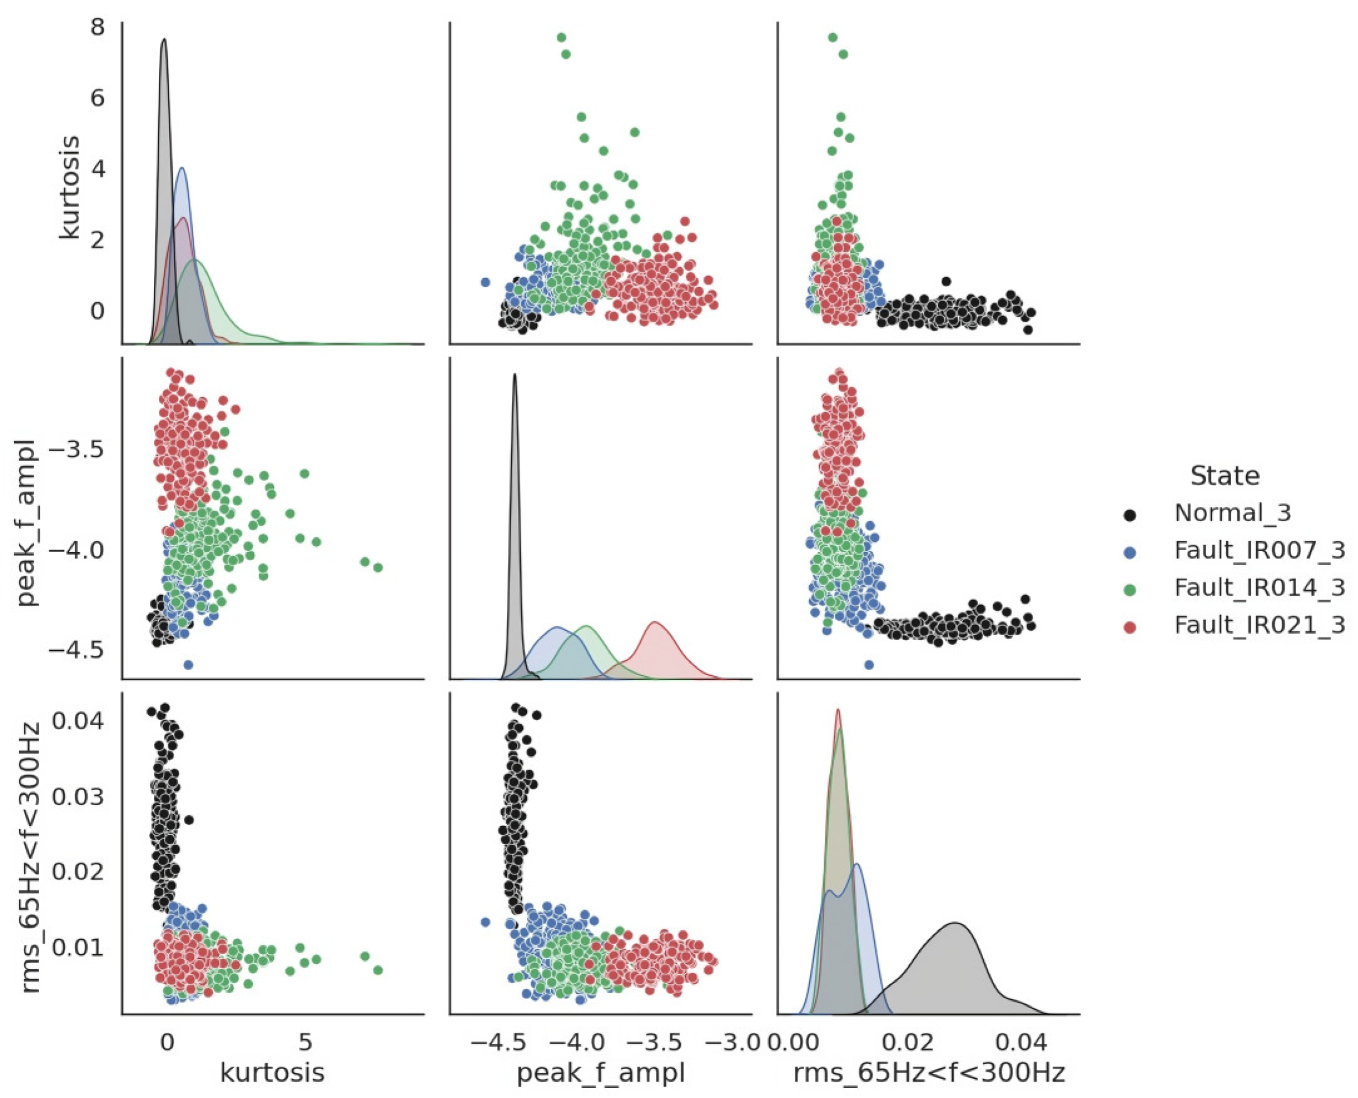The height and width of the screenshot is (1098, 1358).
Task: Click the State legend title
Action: [x=1225, y=475]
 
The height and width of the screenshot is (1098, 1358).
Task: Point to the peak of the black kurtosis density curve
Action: [x=164, y=39]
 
